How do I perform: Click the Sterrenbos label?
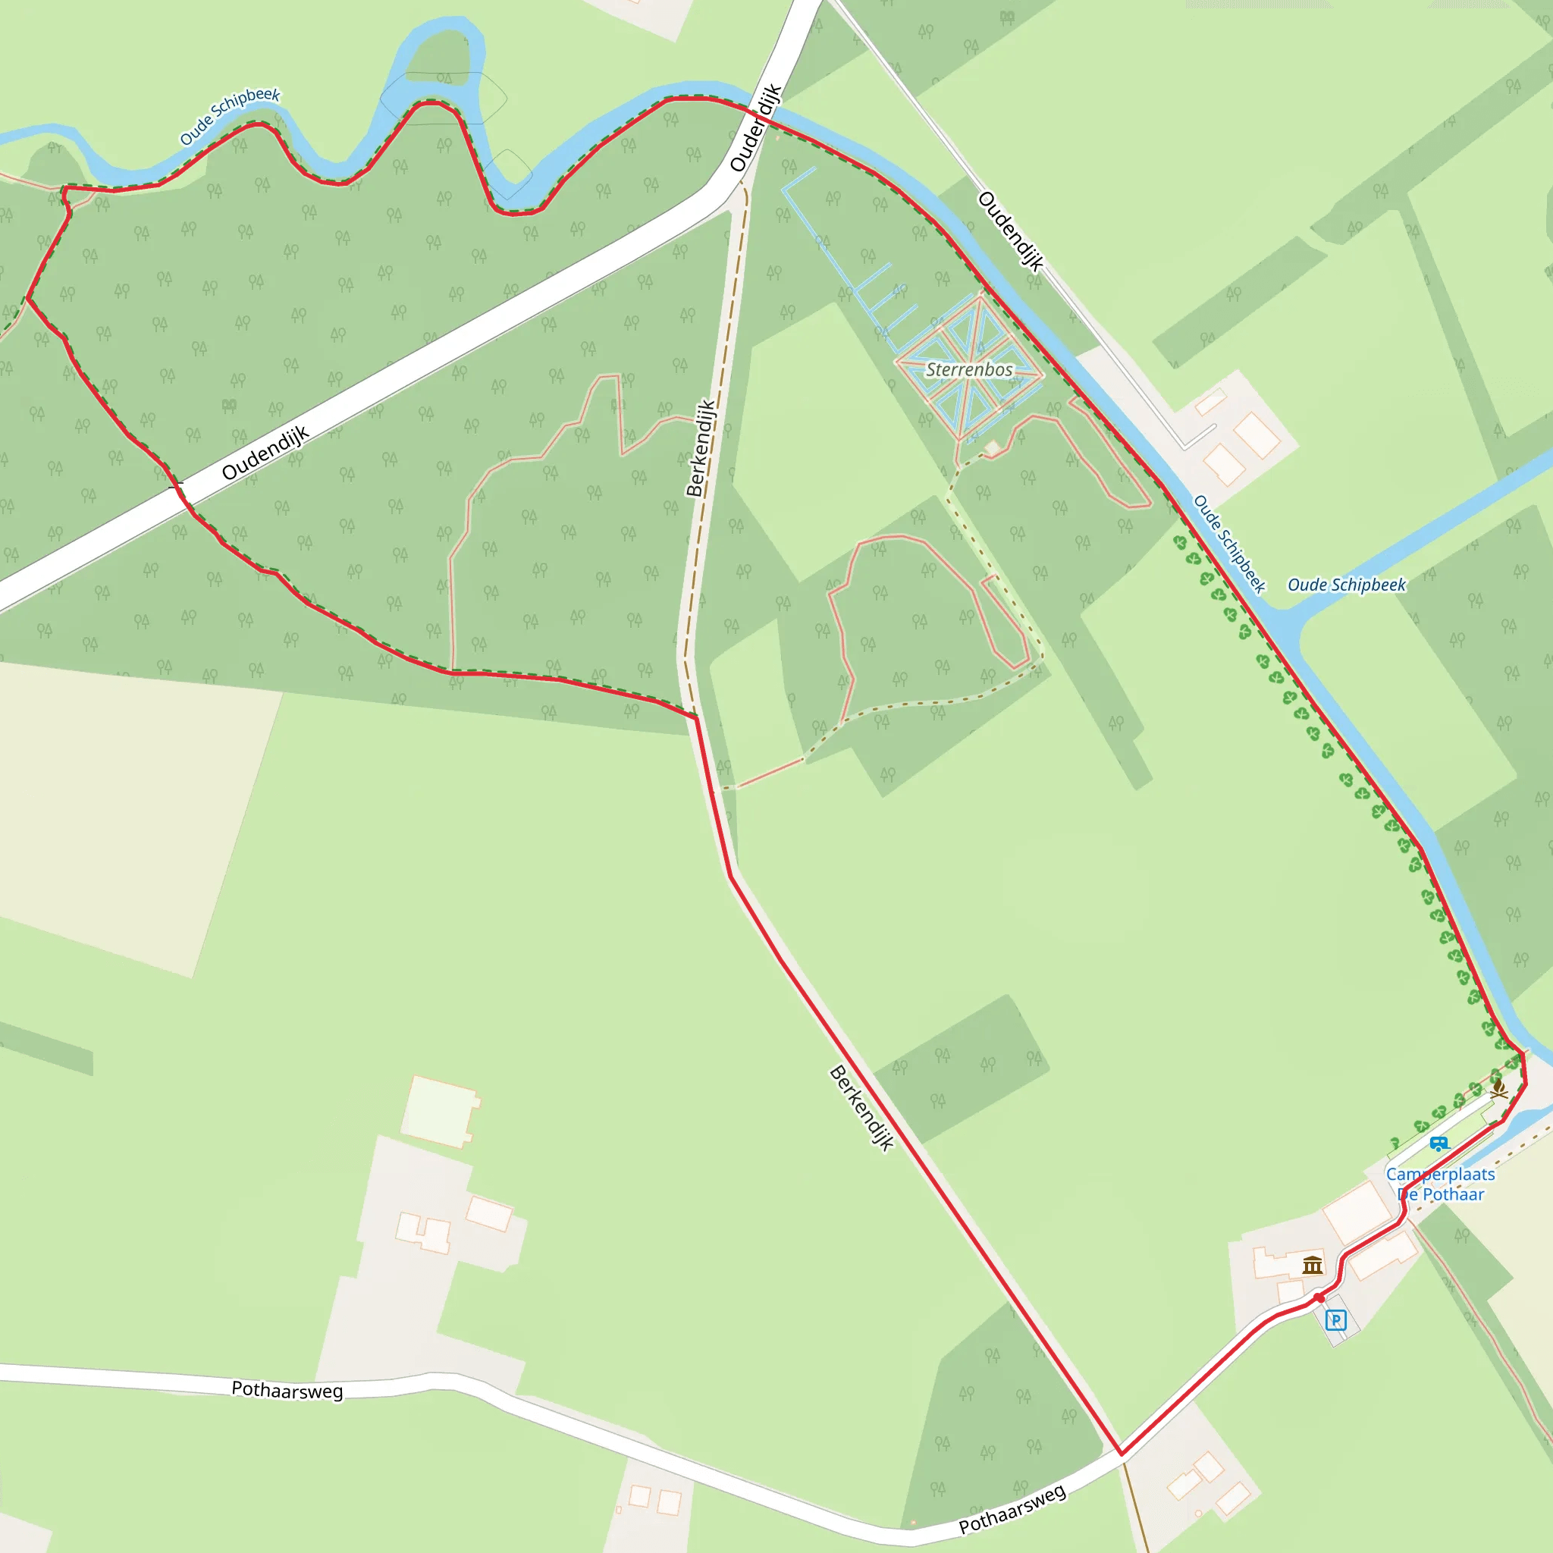[969, 370]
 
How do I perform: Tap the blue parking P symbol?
[1335, 1319]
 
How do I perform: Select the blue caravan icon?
[1438, 1143]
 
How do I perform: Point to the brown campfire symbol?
[1498, 1090]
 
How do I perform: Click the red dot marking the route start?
[1319, 1297]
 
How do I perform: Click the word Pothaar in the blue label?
[1452, 1194]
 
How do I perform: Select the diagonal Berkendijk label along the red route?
[861, 1108]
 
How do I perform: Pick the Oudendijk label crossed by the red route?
[755, 127]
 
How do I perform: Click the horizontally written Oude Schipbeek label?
[1347, 585]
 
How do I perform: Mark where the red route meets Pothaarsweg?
[1122, 1454]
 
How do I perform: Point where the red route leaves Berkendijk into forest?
[695, 716]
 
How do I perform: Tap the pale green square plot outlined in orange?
[439, 1110]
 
